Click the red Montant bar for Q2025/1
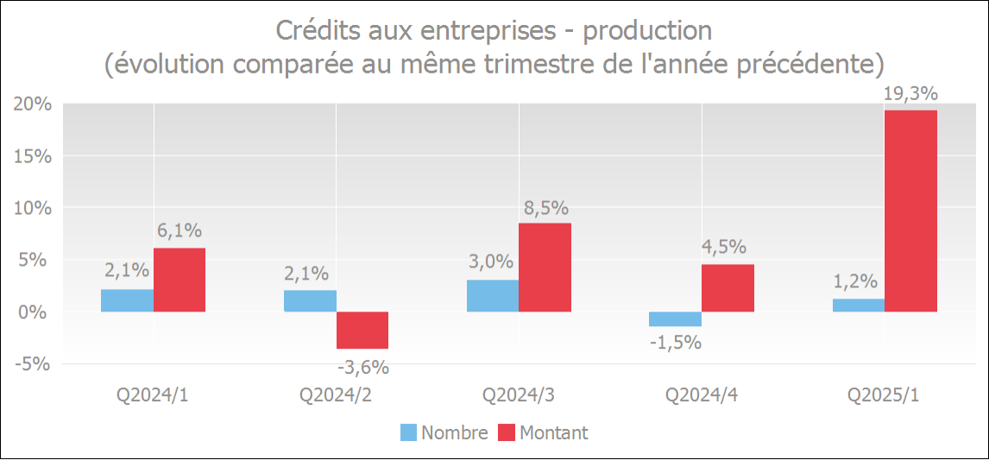coord(910,211)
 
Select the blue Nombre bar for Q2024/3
coord(493,295)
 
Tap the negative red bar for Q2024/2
coord(362,330)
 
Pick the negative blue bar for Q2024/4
coord(676,319)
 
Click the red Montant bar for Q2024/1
coord(180,280)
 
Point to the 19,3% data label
coord(910,94)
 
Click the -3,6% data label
coord(362,367)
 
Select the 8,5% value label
coord(545,208)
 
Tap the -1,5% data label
coord(675,342)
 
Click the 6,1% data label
coord(179,230)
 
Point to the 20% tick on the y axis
coord(33,104)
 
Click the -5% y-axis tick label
coord(33,364)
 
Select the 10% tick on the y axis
coord(33,208)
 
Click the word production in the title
coord(647,30)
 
